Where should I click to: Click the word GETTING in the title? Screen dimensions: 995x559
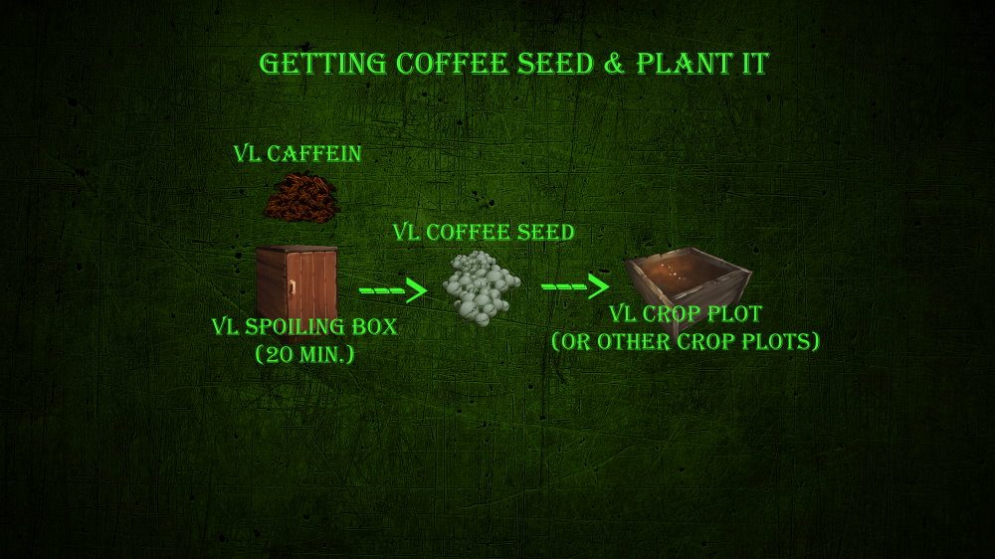pos(322,64)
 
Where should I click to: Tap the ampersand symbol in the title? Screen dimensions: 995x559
pos(614,64)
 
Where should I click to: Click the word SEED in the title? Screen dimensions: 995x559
pos(554,64)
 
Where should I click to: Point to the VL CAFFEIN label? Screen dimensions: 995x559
pos(297,153)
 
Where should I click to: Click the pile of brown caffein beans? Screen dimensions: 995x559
pos(300,199)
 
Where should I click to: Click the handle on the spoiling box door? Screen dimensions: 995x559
pos(292,288)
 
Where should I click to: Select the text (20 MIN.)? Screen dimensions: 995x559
pos(304,354)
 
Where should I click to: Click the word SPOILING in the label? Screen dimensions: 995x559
pos(296,327)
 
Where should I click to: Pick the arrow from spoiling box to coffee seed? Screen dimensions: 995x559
pos(393,290)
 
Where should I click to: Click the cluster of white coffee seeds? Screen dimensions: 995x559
pos(481,287)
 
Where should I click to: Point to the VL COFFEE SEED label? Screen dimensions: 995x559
pos(483,232)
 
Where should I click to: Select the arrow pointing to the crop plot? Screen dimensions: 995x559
pos(575,286)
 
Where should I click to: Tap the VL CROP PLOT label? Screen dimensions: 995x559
pos(686,313)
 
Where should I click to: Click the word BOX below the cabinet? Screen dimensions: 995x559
pos(375,327)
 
